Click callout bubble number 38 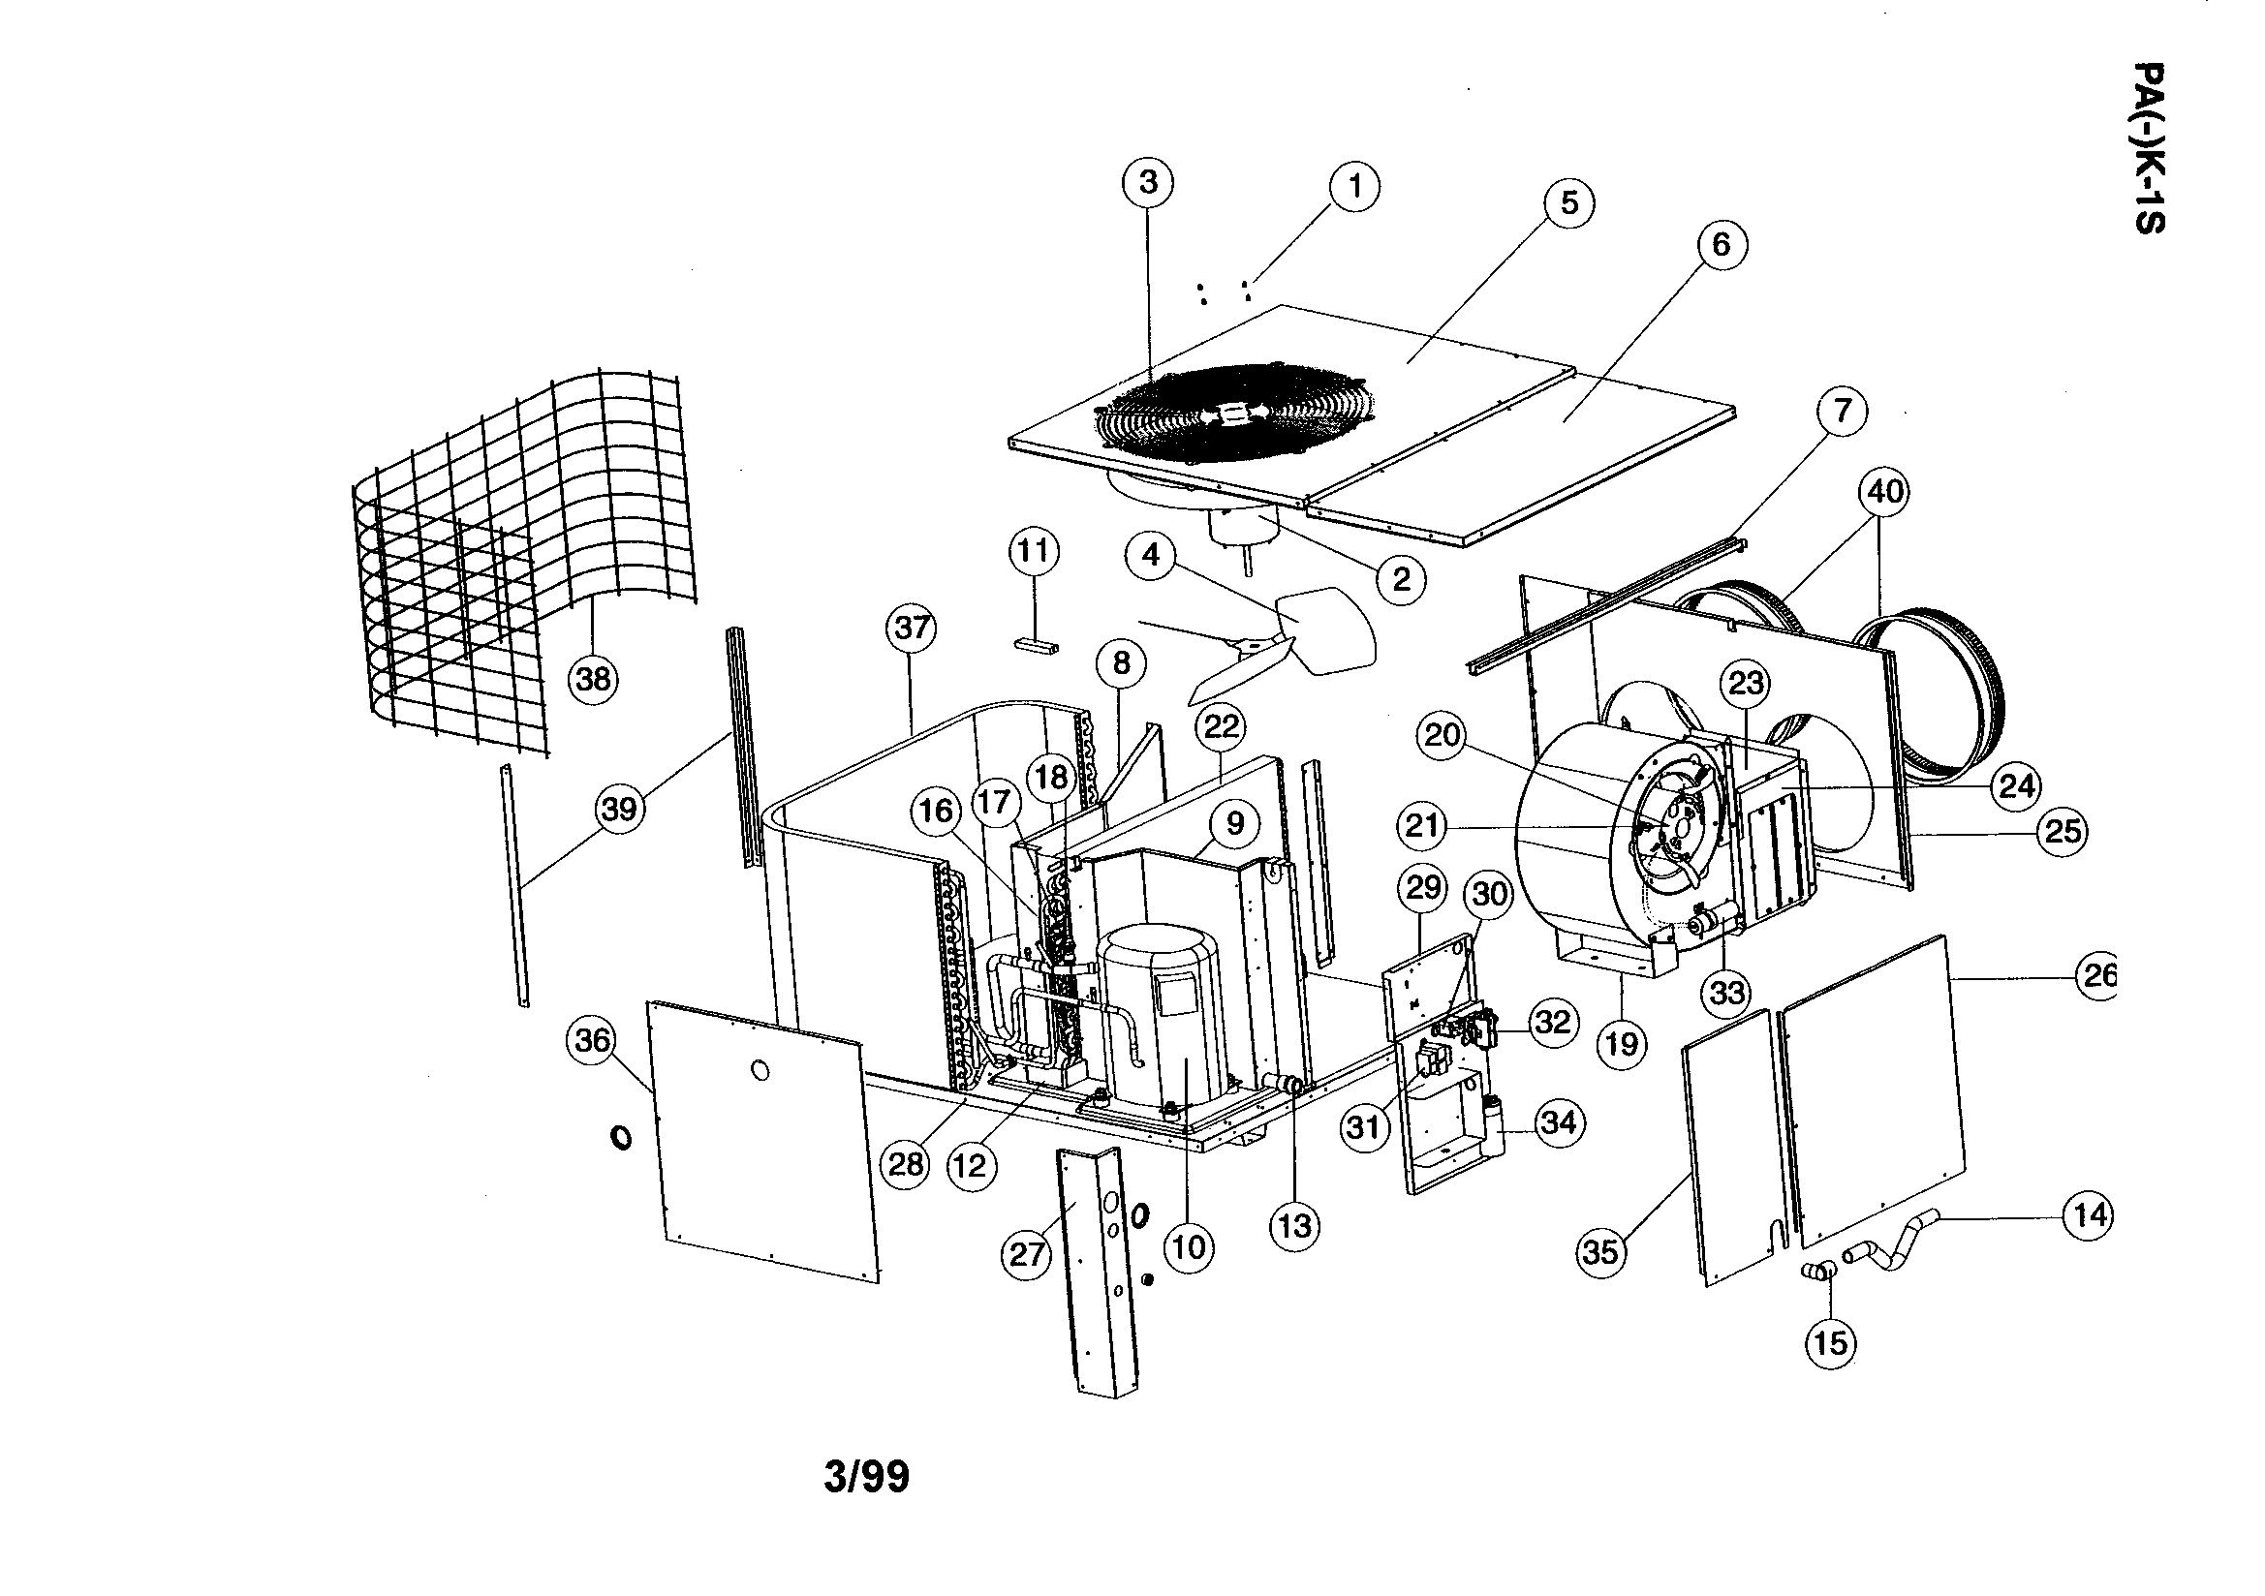594,679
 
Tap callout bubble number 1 1354,185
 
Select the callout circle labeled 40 1883,491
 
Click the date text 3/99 866,1478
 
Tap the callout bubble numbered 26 2099,974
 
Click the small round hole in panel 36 759,1070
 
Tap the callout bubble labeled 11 1033,550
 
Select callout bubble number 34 1558,1122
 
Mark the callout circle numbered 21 1421,825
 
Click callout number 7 1842,411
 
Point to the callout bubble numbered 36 592,1041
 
